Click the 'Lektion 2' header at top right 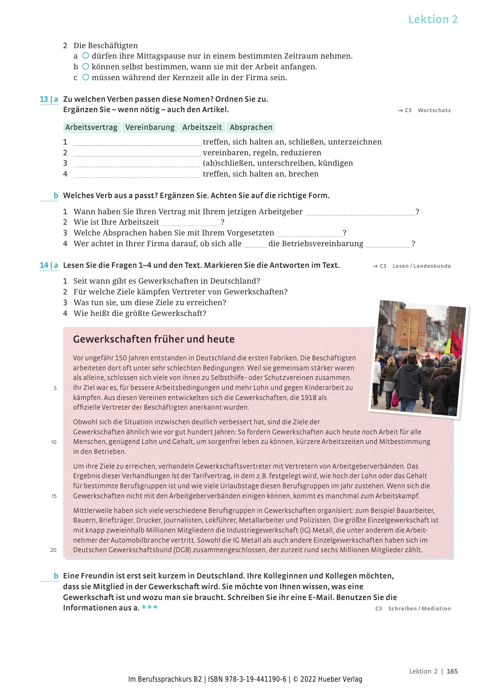coord(433,19)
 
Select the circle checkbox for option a coord(86,56)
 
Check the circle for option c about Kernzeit coord(86,77)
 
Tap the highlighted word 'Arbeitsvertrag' coord(91,128)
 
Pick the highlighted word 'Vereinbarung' coord(150,128)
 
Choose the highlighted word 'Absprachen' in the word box coord(251,128)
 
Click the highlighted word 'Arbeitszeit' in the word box coord(202,128)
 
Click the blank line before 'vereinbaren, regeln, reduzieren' coord(137,153)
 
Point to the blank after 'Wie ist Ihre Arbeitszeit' coord(190,223)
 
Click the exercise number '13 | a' coord(49,99)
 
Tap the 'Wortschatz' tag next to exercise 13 coord(434,111)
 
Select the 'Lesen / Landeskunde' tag coord(421,266)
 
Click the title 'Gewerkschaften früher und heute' coord(154,339)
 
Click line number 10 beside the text coord(54,442)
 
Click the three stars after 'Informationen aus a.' coord(150,607)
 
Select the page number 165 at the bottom coord(452,671)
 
